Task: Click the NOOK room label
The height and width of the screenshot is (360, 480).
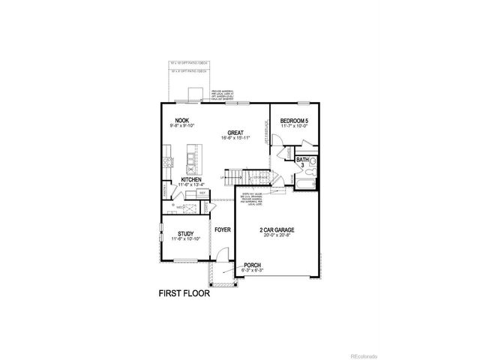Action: point(181,120)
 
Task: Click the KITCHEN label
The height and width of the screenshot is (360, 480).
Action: point(192,180)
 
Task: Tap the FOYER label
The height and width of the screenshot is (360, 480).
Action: point(222,229)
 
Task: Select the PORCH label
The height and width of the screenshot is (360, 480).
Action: point(253,265)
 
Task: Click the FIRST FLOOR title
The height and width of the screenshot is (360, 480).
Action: point(184,293)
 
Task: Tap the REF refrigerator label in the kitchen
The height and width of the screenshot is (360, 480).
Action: point(202,193)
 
